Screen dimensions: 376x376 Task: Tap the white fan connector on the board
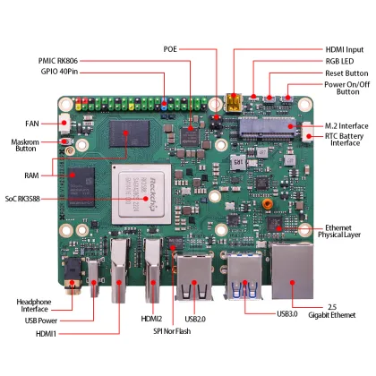(x=67, y=123)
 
